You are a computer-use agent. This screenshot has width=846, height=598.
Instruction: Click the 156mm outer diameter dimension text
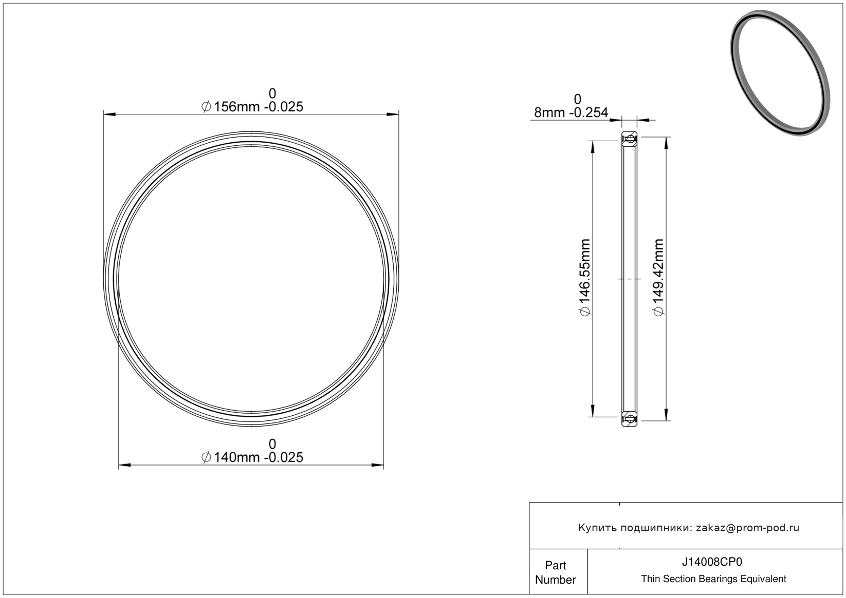[252, 107]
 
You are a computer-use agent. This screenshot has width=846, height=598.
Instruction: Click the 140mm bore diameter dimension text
[252, 457]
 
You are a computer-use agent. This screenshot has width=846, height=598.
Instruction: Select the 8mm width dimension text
[571, 112]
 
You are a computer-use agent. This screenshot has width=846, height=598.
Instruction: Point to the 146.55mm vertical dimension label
[585, 277]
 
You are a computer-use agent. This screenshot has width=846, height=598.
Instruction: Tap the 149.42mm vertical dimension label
[658, 277]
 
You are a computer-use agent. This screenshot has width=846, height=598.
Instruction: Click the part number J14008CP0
[712, 562]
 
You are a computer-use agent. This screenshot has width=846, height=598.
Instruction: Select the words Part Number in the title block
[555, 572]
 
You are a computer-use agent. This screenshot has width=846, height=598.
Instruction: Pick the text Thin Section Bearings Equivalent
[713, 579]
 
